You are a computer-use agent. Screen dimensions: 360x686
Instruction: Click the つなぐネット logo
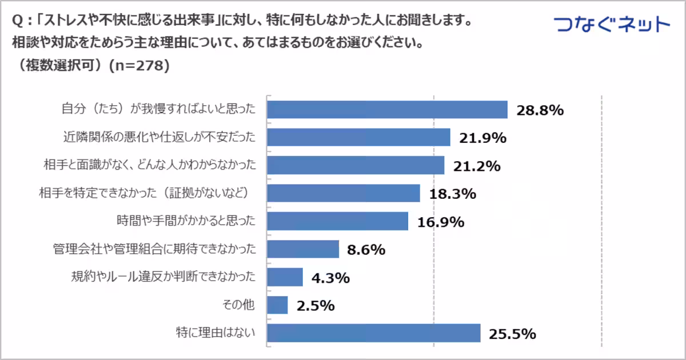[612, 25]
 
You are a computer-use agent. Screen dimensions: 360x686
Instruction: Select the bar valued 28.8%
[388, 110]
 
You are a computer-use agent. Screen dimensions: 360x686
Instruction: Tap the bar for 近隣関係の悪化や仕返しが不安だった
[358, 138]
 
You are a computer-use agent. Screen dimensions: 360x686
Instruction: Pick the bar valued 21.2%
[356, 166]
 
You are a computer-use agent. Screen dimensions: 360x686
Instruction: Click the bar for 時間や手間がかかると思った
[338, 221]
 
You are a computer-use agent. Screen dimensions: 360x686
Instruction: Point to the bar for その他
[277, 305]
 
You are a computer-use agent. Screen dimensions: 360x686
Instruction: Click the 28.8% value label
[540, 110]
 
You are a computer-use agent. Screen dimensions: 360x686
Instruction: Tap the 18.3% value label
[452, 194]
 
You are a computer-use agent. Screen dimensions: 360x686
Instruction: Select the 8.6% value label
[365, 250]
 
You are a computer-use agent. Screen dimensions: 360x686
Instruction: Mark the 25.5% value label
[512, 334]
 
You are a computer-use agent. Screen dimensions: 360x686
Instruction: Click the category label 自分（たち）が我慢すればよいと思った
[158, 110]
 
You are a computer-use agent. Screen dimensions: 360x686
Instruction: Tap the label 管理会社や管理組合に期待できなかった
[153, 249]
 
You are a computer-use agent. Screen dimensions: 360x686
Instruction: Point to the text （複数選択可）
[63, 66]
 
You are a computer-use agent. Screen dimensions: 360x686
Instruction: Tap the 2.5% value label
[315, 306]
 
